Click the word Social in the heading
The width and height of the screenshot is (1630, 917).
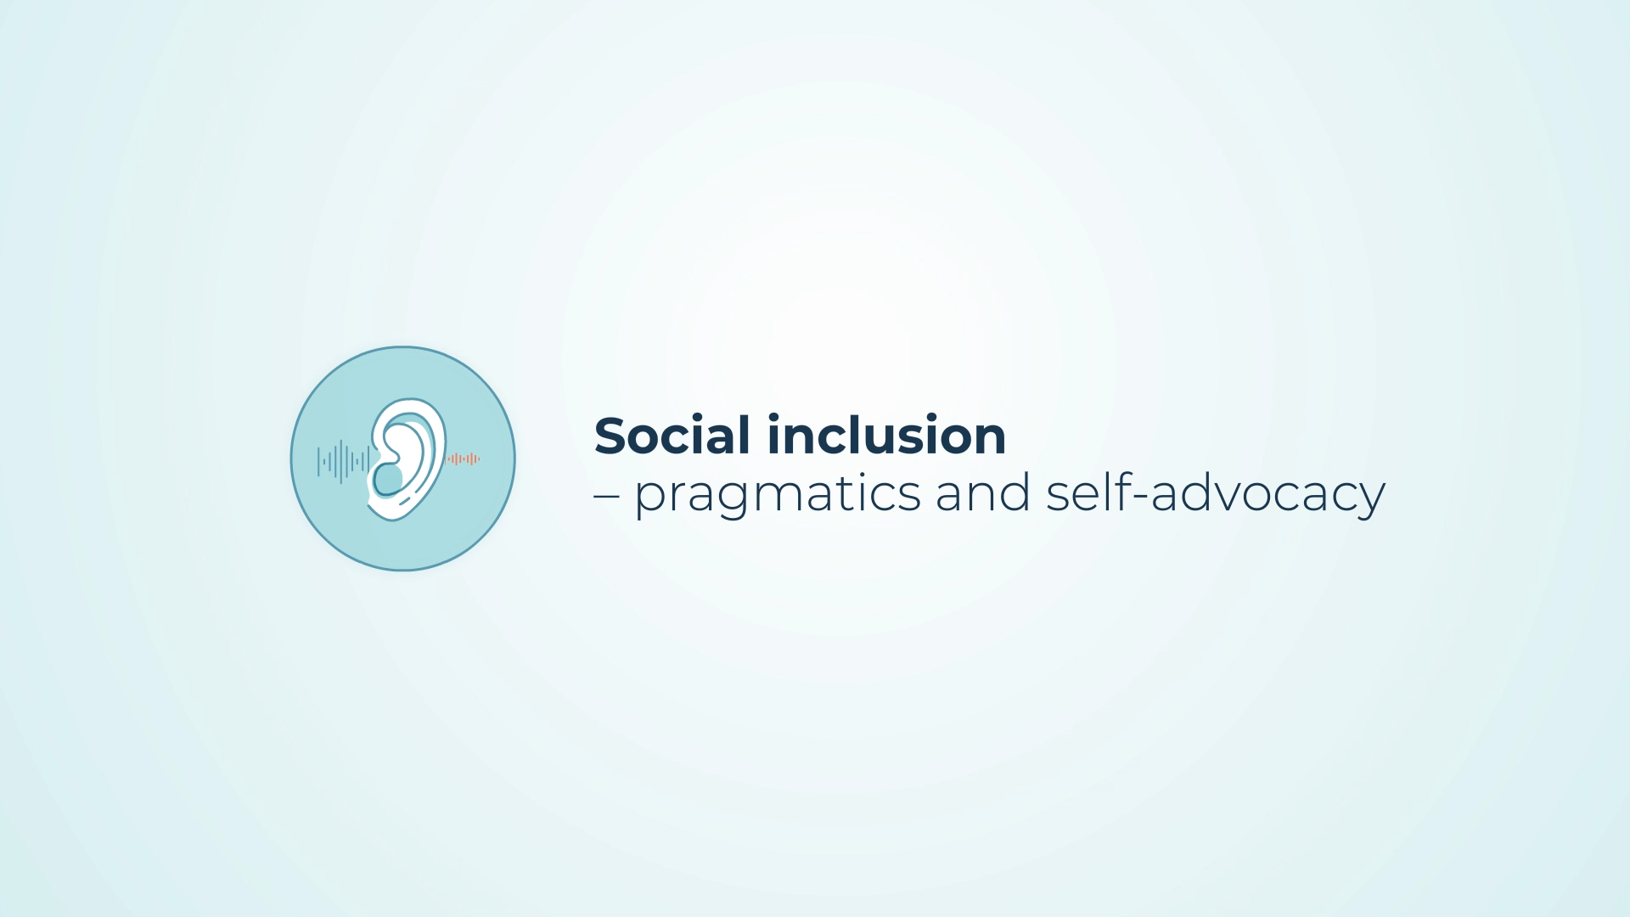(672, 436)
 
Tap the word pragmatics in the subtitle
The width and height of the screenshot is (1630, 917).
(778, 495)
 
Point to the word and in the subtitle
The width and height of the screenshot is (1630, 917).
(983, 492)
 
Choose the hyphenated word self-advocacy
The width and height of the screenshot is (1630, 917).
(1216, 494)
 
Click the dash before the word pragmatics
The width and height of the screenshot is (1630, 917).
(606, 497)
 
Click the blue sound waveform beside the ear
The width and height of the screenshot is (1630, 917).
(343, 461)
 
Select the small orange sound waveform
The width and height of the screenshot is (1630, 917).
(464, 459)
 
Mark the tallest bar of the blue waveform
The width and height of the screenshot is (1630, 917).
(341, 461)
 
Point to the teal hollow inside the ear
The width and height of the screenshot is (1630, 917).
(388, 479)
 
